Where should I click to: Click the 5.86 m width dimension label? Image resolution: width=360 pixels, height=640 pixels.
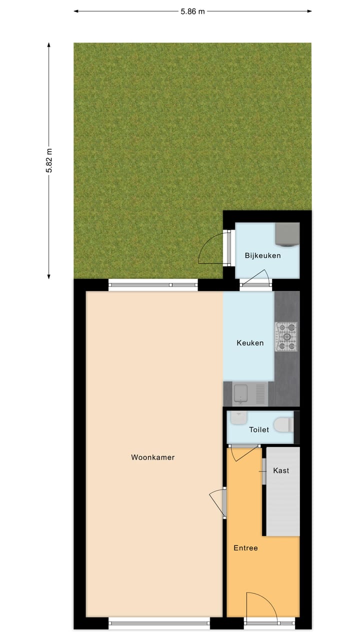(x=193, y=11)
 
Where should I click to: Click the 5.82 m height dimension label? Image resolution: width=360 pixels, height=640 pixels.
(x=49, y=160)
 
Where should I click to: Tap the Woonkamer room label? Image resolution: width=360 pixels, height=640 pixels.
(x=152, y=457)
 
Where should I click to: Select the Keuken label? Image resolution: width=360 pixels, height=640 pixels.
(x=249, y=343)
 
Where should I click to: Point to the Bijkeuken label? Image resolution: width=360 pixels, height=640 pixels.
(x=262, y=255)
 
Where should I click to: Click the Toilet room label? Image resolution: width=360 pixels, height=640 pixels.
(x=259, y=429)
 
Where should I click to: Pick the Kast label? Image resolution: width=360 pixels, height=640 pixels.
(x=281, y=470)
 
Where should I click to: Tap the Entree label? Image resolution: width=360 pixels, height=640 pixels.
(x=245, y=548)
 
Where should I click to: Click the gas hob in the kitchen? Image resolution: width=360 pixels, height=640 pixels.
(x=286, y=335)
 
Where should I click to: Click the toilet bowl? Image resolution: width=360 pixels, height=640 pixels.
(x=284, y=426)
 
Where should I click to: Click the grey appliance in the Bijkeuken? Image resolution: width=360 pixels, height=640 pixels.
(x=287, y=234)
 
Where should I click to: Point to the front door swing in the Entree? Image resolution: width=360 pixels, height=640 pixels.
(x=260, y=606)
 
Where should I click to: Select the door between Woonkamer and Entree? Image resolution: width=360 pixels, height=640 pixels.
(x=218, y=502)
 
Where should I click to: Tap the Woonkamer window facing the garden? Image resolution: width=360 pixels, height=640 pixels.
(x=153, y=285)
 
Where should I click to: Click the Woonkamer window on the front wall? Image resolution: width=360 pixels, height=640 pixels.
(x=159, y=623)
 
